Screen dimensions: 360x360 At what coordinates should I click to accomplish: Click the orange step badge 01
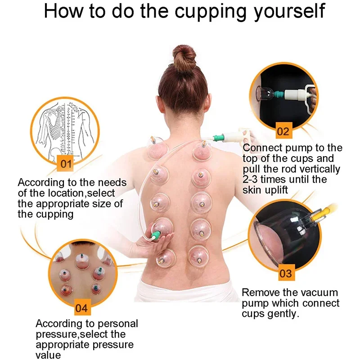(x=66, y=164)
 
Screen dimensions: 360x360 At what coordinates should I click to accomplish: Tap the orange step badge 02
(x=283, y=131)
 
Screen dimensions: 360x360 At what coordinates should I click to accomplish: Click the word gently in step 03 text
(x=282, y=314)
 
